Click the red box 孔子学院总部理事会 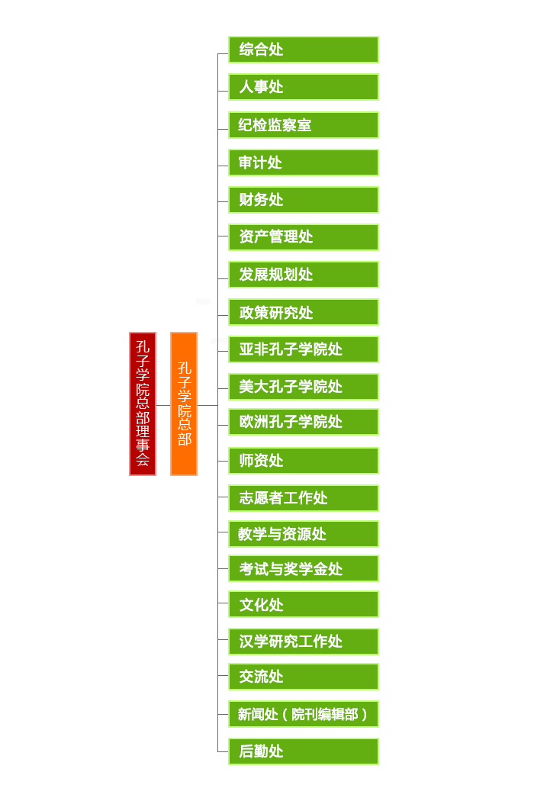pyautogui.click(x=143, y=404)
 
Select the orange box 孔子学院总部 pyautogui.click(x=184, y=404)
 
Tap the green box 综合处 pyautogui.click(x=304, y=50)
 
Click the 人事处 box pyautogui.click(x=304, y=87)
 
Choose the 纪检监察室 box pyautogui.click(x=304, y=125)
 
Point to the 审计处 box pyautogui.click(x=304, y=162)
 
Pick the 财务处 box pyautogui.click(x=304, y=200)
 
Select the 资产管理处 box pyautogui.click(x=304, y=237)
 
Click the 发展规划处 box pyautogui.click(x=304, y=275)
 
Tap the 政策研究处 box pyautogui.click(x=304, y=312)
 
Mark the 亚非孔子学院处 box pyautogui.click(x=304, y=349)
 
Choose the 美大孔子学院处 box pyautogui.click(x=304, y=387)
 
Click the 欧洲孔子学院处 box pyautogui.click(x=304, y=422)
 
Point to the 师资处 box pyautogui.click(x=304, y=461)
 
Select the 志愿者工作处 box pyautogui.click(x=304, y=498)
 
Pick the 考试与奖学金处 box pyautogui.click(x=304, y=568)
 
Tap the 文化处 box pyautogui.click(x=304, y=604)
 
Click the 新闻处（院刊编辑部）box pyautogui.click(x=304, y=714)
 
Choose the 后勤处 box pyautogui.click(x=304, y=751)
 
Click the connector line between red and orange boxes pyautogui.click(x=163, y=405)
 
